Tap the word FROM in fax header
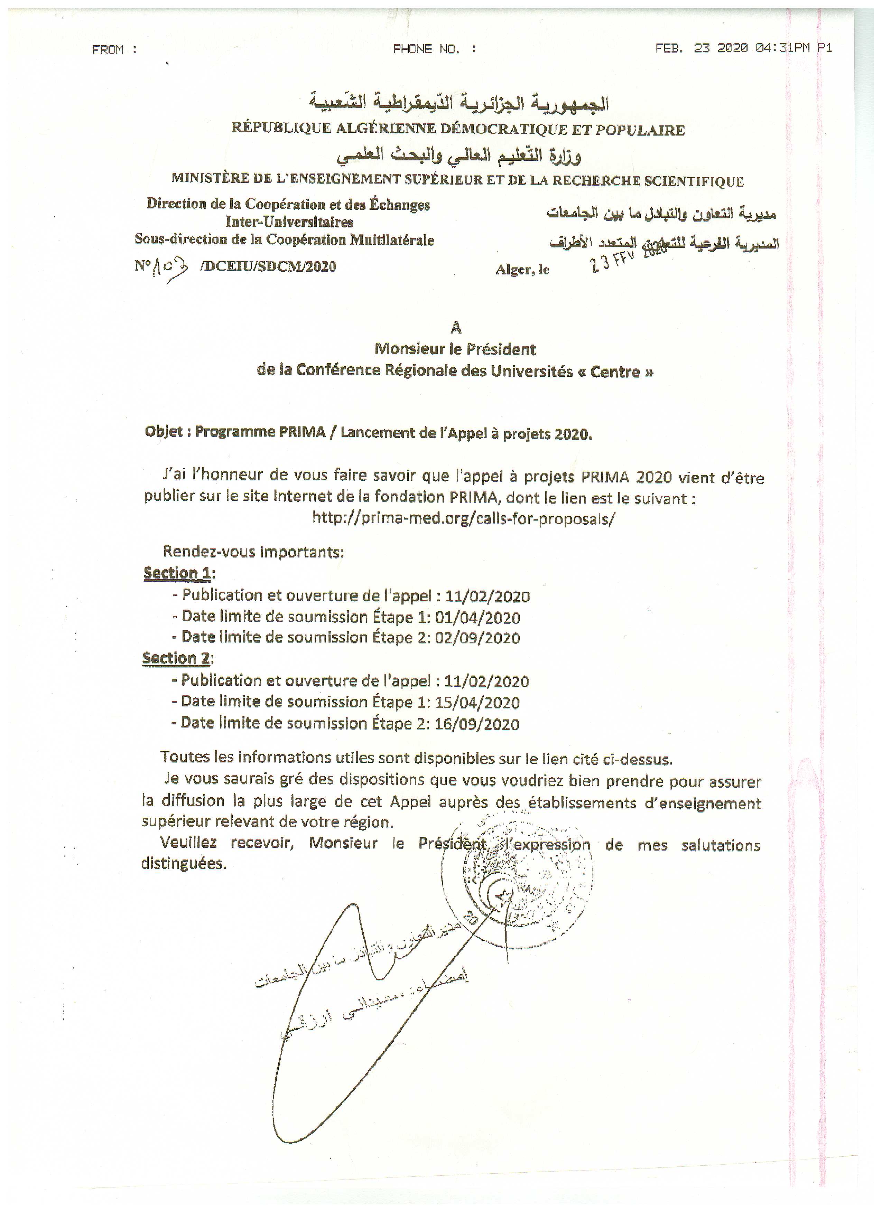tap(108, 50)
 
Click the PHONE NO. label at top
tap(426, 49)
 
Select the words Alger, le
tap(522, 270)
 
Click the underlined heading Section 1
tap(177, 573)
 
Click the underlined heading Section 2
tap(176, 658)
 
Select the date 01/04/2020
tap(477, 618)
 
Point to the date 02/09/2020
tap(477, 638)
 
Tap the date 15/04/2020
tap(477, 703)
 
